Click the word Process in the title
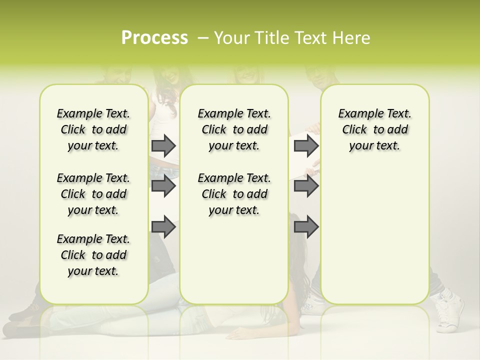click(x=154, y=38)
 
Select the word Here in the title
click(x=352, y=38)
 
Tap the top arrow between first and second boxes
click(x=163, y=145)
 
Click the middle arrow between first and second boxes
click(x=163, y=186)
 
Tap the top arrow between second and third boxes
click(x=306, y=145)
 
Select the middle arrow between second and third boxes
click(x=306, y=186)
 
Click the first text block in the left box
click(x=93, y=129)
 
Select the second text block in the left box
click(x=93, y=194)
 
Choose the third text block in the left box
click(x=93, y=255)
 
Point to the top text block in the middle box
click(x=234, y=129)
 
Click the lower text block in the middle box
click(x=234, y=194)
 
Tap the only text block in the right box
click(x=374, y=129)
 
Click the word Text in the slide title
click(x=312, y=38)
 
